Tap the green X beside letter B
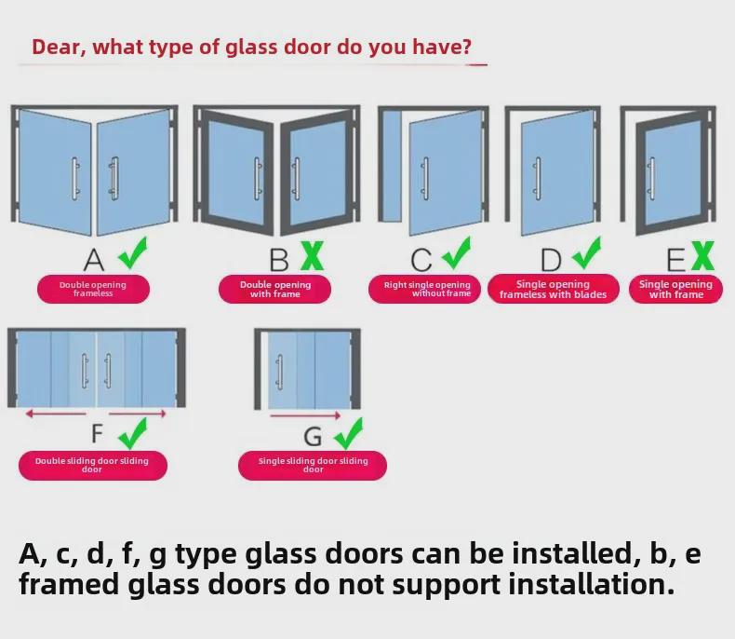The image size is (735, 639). pyautogui.click(x=312, y=254)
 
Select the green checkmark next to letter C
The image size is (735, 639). pyautogui.click(x=455, y=253)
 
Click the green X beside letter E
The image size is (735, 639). pyautogui.click(x=702, y=254)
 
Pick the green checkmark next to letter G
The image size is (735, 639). pyautogui.click(x=347, y=433)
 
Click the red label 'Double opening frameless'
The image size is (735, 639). pyautogui.click(x=93, y=289)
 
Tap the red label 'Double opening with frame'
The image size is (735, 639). pyautogui.click(x=274, y=289)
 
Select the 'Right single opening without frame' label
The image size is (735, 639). pyautogui.click(x=429, y=289)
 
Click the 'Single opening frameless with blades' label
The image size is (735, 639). pyautogui.click(x=553, y=289)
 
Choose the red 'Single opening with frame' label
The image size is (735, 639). pyautogui.click(x=675, y=289)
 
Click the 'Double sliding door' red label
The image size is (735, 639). pyautogui.click(x=92, y=465)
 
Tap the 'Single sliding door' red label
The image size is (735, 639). pyautogui.click(x=313, y=465)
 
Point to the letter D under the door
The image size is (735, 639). pyautogui.click(x=552, y=259)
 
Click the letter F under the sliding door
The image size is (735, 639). pyautogui.click(x=98, y=434)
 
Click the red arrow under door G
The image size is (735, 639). pyautogui.click(x=306, y=415)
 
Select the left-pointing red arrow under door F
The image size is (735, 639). pyautogui.click(x=56, y=414)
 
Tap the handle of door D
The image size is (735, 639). pyautogui.click(x=537, y=176)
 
